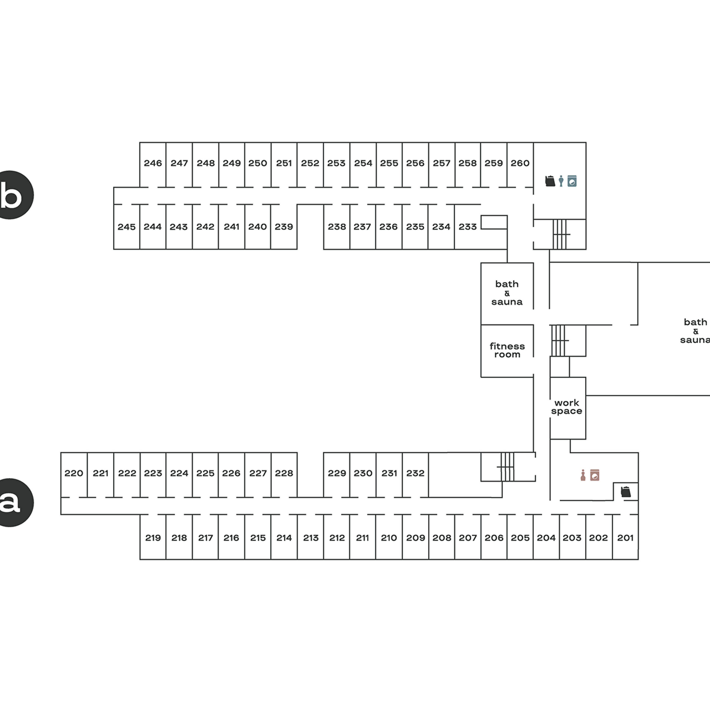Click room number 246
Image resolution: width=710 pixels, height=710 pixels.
coord(153,163)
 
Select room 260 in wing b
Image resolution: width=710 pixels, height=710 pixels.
coord(520,163)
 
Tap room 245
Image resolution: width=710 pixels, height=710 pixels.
coord(126,227)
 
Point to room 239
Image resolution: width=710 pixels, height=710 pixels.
coord(284,227)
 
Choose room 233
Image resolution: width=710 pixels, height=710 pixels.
coord(467,227)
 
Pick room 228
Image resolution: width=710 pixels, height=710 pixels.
coord(284,473)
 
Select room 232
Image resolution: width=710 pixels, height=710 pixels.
coord(415,473)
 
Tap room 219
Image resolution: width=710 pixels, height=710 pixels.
coord(153,538)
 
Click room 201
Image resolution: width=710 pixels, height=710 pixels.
coord(625,538)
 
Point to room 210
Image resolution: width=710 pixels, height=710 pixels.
coord(389,538)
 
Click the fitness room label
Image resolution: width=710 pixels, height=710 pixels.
coord(507,350)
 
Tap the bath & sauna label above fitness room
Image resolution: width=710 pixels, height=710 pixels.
coord(507,293)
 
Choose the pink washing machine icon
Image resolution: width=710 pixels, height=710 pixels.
coord(595,475)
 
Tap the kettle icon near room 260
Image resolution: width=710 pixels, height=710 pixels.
coord(550,181)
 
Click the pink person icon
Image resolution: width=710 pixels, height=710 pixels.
coord(583,475)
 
